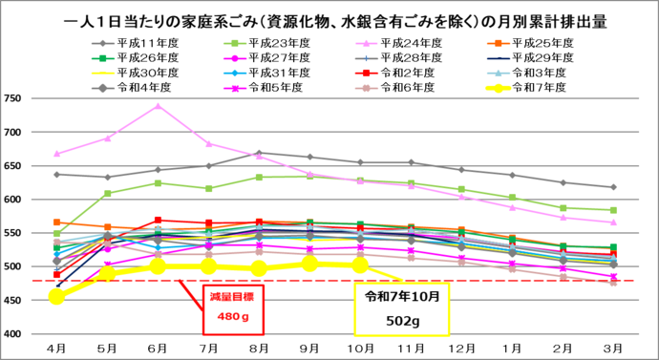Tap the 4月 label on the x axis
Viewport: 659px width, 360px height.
point(57,346)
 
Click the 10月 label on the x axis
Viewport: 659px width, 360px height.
point(361,346)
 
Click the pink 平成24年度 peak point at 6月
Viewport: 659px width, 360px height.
point(159,106)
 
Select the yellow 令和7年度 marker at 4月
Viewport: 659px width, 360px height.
point(57,297)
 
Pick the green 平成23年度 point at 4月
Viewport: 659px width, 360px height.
point(57,234)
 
